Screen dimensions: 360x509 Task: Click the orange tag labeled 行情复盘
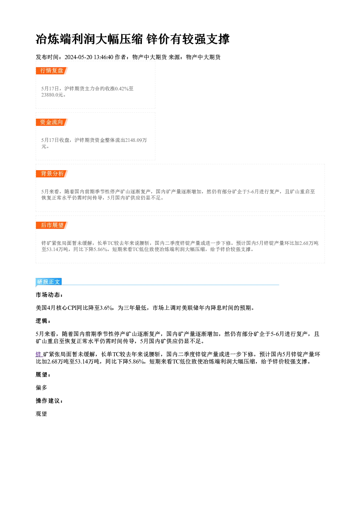(52, 71)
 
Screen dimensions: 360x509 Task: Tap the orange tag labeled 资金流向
(52, 122)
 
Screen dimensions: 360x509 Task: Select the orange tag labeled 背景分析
(52, 174)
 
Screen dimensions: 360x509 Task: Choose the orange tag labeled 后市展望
(52, 225)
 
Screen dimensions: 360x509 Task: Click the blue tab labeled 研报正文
(49, 282)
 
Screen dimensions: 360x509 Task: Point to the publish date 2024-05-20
(78, 57)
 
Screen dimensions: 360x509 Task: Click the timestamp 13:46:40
(103, 57)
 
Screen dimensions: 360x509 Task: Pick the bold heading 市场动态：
(49, 295)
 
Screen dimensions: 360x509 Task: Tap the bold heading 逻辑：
(43, 321)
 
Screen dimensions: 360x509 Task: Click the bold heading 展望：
(43, 375)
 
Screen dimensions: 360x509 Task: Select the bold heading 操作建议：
(49, 401)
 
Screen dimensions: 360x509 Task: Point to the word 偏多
(41, 388)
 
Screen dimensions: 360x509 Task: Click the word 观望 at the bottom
(41, 414)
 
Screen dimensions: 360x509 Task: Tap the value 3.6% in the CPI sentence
(106, 308)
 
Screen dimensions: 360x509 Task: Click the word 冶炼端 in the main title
(53, 39)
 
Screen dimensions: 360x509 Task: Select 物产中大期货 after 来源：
(203, 57)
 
